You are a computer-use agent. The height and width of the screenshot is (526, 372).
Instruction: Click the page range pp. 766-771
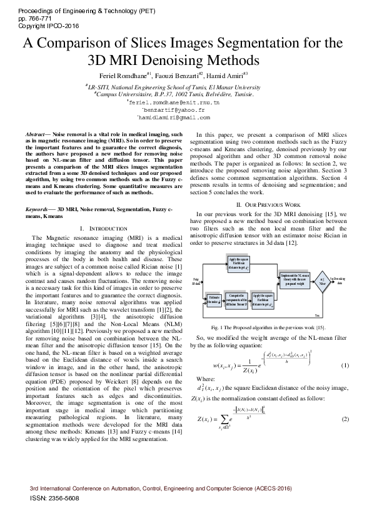coord(32,19)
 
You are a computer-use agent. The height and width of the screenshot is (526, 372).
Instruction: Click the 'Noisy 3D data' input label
coord(196,281)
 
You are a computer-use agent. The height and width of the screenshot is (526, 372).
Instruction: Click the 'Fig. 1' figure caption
coord(268,327)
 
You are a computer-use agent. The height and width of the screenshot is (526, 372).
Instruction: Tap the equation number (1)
coord(344,365)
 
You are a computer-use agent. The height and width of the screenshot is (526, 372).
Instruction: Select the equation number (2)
coord(344,419)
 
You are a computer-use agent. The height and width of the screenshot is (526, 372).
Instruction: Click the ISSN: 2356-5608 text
coord(54,498)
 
